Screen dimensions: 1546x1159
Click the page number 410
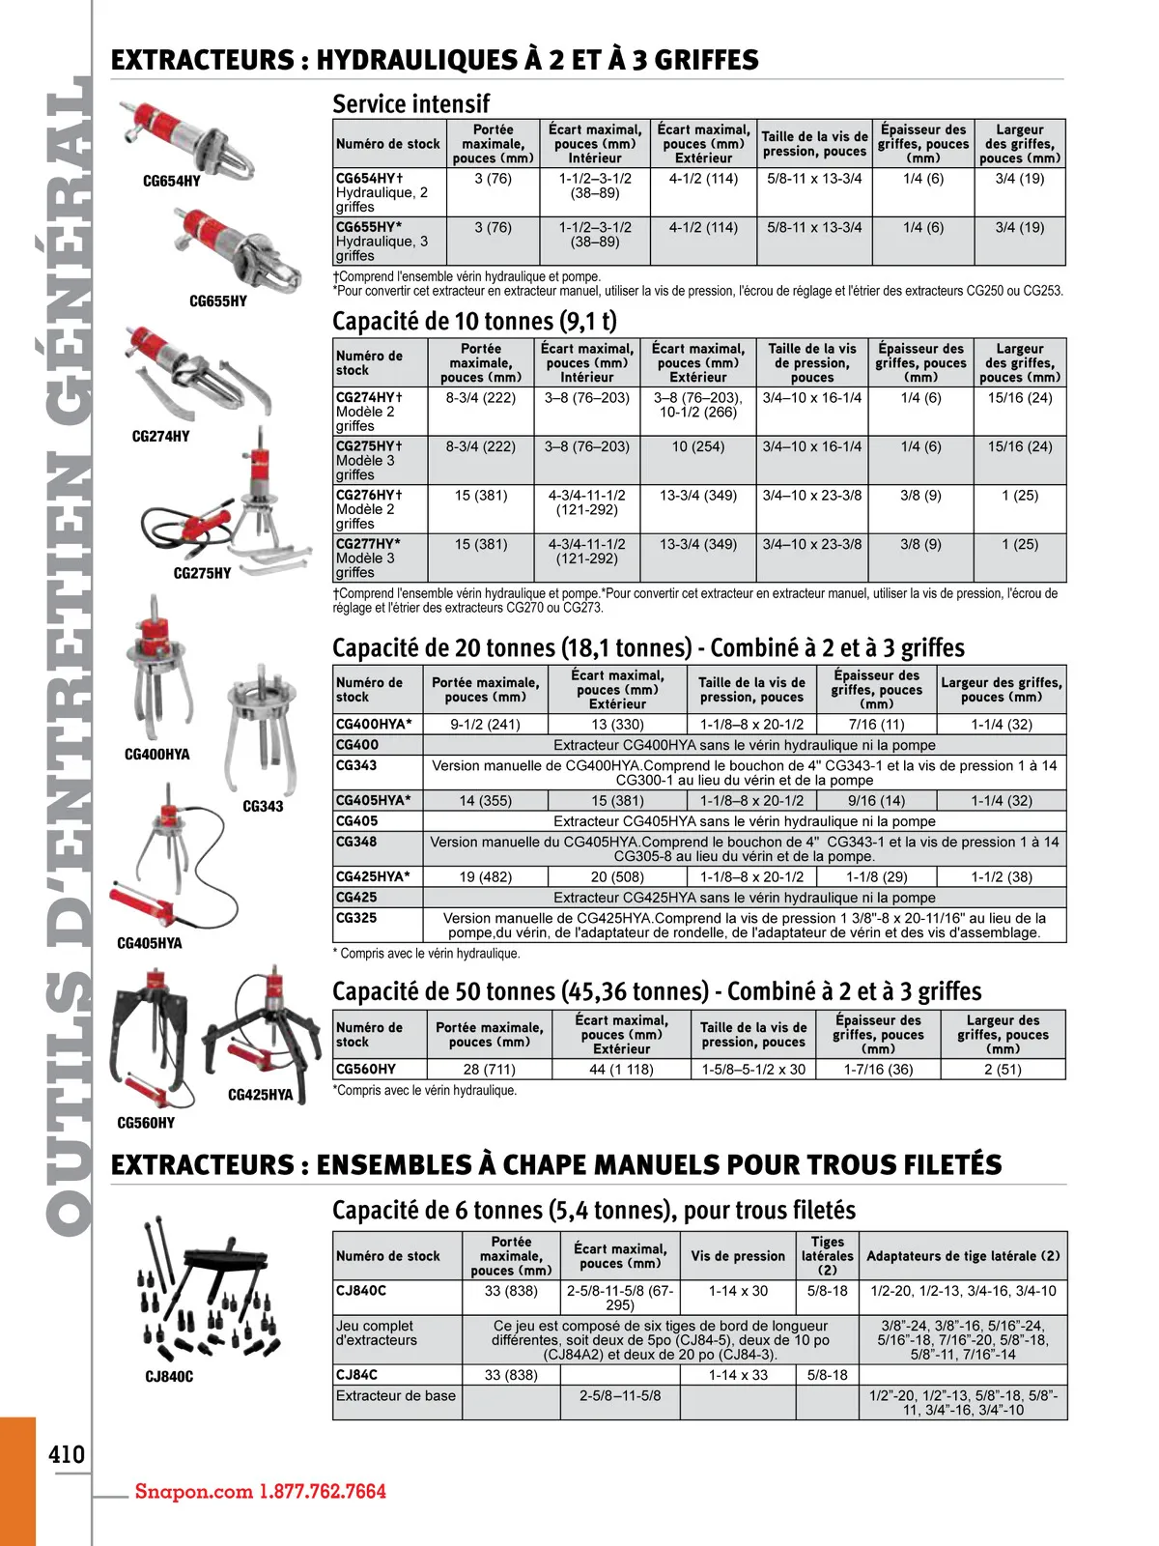(67, 1454)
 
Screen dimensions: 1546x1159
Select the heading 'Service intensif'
(410, 103)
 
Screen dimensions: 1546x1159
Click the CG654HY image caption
(172, 181)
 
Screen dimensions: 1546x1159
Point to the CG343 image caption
(263, 806)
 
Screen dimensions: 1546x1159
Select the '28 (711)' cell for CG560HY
(489, 1070)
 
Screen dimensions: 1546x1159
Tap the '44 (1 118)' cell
(621, 1070)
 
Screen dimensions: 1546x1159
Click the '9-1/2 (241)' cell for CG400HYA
(485, 724)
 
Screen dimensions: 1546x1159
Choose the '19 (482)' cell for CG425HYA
(485, 876)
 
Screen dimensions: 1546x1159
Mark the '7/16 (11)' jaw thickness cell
(876, 724)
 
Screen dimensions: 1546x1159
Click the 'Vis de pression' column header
(738, 1256)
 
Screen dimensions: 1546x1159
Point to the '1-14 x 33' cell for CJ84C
(738, 1375)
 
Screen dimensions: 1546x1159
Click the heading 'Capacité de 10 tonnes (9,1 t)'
(474, 321)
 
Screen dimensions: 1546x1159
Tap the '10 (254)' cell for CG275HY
(697, 446)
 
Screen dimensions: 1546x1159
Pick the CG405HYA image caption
(149, 943)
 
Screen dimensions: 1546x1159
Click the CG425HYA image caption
(260, 1095)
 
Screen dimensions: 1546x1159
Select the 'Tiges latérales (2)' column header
(827, 1256)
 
